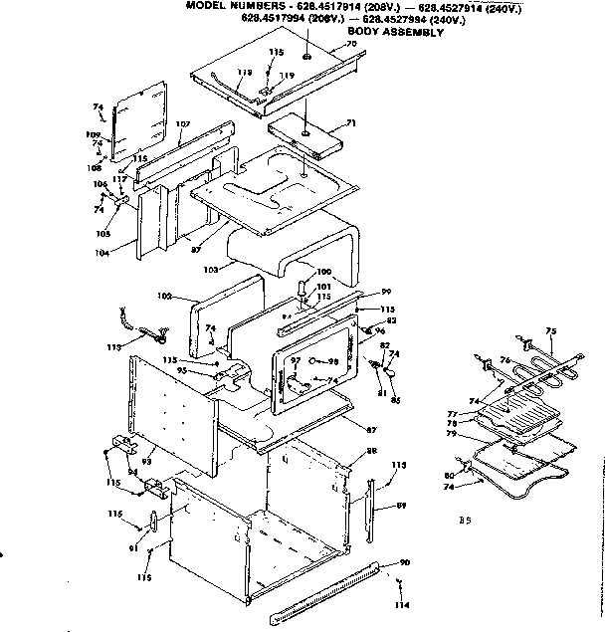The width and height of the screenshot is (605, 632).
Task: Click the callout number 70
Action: pyautogui.click(x=351, y=45)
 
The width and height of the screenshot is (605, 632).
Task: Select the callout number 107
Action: pyautogui.click(x=182, y=124)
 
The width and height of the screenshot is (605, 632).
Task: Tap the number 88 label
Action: pyautogui.click(x=372, y=451)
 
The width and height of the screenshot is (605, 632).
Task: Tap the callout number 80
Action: pyautogui.click(x=450, y=474)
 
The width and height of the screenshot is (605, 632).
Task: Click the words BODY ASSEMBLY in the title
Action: pyautogui.click(x=394, y=32)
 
